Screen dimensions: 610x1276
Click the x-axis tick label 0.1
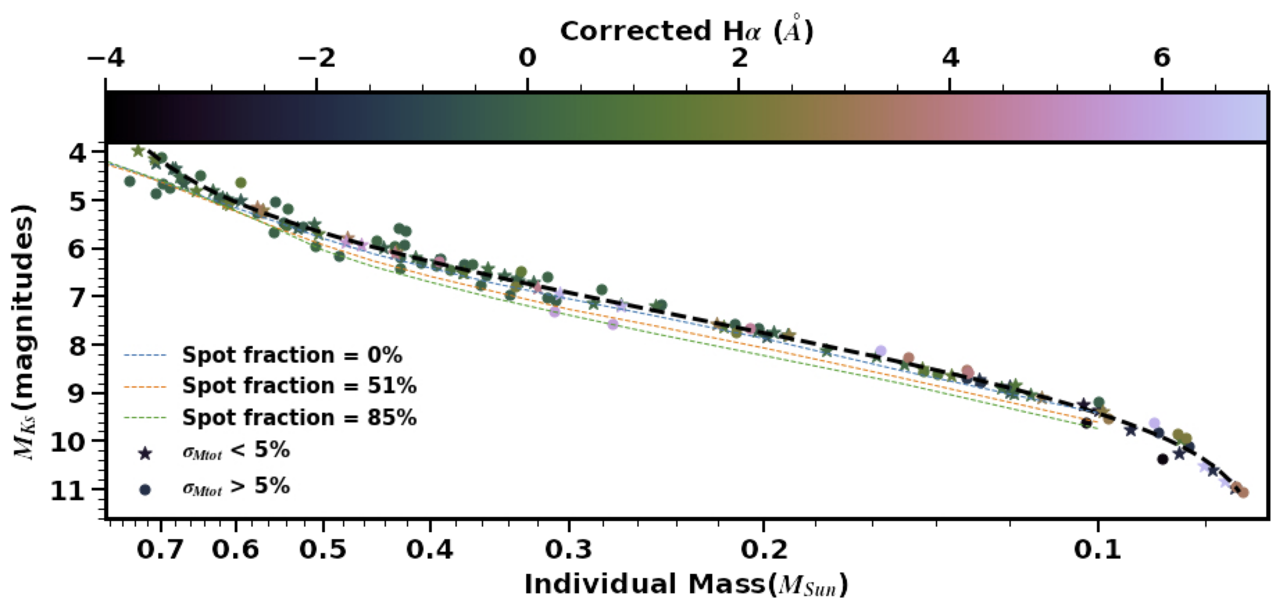[1098, 550]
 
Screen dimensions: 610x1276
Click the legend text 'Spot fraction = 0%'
[292, 355]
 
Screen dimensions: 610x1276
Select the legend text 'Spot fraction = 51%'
[299, 386]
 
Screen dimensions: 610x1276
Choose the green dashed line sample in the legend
[145, 418]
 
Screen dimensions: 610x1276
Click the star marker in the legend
[145, 453]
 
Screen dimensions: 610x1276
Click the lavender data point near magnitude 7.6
[613, 324]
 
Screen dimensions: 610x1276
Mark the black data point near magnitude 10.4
[1162, 459]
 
